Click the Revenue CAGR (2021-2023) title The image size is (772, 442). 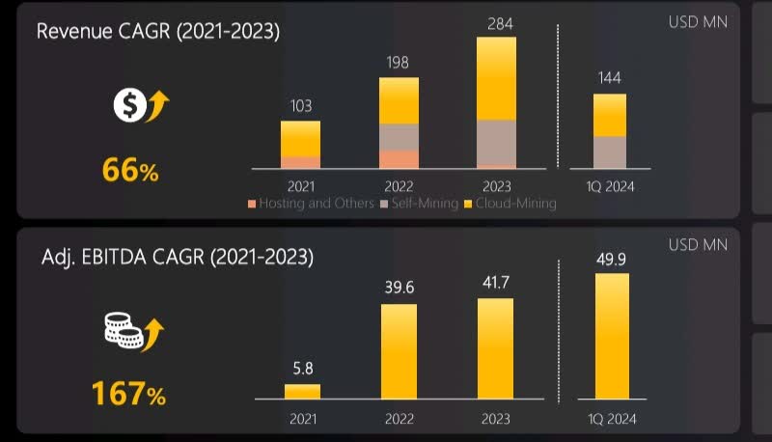pos(158,31)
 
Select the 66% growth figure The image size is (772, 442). pos(130,171)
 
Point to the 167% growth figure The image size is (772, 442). pos(129,394)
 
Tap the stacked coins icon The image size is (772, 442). pos(134,334)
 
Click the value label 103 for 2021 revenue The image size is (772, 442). pos(300,106)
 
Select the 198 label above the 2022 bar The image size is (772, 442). pos(399,63)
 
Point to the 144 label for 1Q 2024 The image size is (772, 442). pos(609,79)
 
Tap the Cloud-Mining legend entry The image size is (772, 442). pos(510,204)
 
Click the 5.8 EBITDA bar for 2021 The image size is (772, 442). pos(302,391)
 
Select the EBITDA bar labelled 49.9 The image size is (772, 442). pos(612,336)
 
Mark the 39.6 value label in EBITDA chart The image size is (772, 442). pos(399,288)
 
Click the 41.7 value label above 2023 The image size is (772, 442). pos(496,282)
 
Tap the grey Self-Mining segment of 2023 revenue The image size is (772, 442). pos(496,143)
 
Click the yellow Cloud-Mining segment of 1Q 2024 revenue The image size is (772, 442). pos(609,115)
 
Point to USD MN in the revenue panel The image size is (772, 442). pos(699,20)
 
